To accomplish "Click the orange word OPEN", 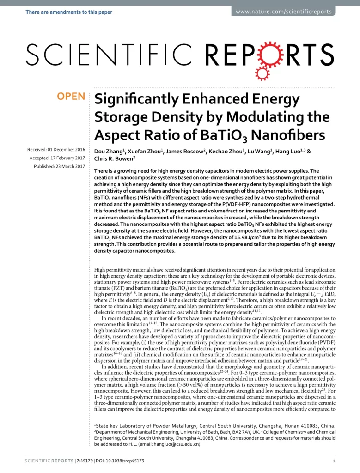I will tap(71, 97).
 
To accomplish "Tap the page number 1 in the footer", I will tap(334, 461).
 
